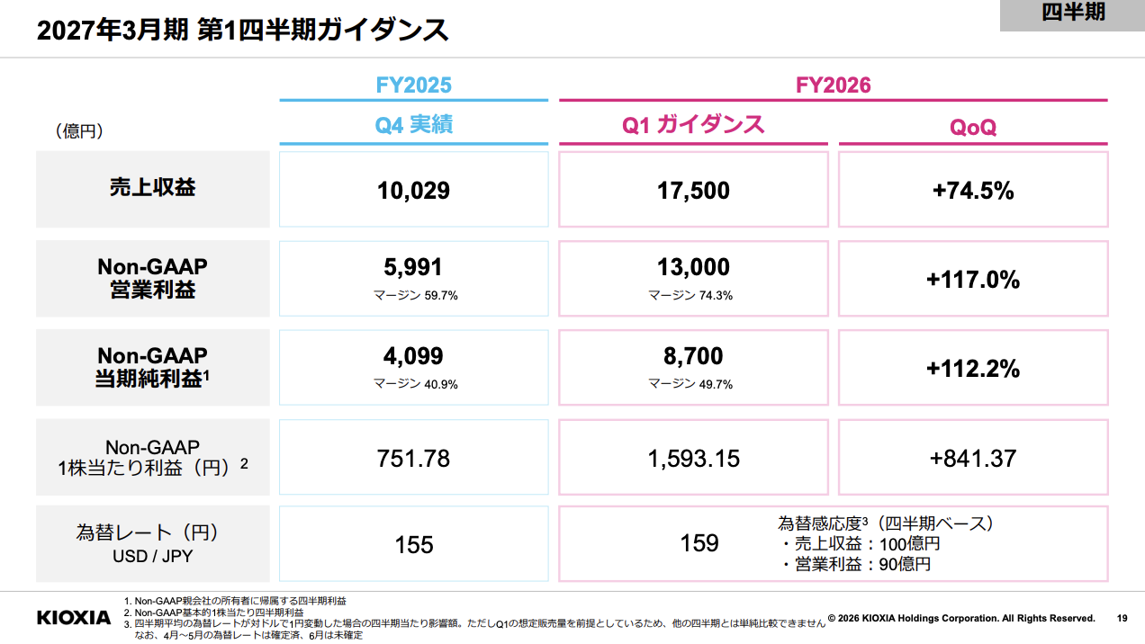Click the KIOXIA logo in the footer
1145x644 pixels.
pyautogui.click(x=74, y=617)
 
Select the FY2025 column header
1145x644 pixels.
pyautogui.click(x=413, y=85)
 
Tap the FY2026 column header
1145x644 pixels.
pyautogui.click(x=834, y=85)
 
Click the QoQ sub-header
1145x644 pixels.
pyautogui.click(x=973, y=127)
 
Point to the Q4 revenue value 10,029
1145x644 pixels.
pyautogui.click(x=413, y=191)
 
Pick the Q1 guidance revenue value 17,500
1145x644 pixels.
pyautogui.click(x=693, y=191)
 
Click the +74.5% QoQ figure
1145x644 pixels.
pyautogui.click(x=973, y=191)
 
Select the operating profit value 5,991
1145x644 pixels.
pyautogui.click(x=413, y=267)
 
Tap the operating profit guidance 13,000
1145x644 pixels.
pyautogui.click(x=693, y=267)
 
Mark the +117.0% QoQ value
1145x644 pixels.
pyautogui.click(x=973, y=280)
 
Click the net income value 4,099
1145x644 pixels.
pyautogui.click(x=413, y=356)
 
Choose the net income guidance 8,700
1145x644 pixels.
pyautogui.click(x=693, y=356)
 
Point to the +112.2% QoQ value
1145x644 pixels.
pyautogui.click(x=973, y=369)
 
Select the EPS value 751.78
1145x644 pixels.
pyautogui.click(x=413, y=458)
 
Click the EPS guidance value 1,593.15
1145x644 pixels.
pyautogui.click(x=693, y=459)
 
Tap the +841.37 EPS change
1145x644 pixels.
pyautogui.click(x=973, y=458)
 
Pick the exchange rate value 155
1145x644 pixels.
pyautogui.click(x=414, y=544)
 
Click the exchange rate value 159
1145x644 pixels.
pyautogui.click(x=699, y=543)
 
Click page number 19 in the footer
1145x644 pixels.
pyautogui.click(x=1122, y=618)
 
